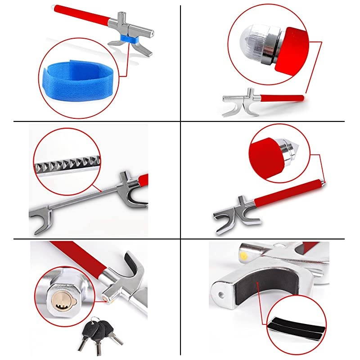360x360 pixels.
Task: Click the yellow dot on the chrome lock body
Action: click(243, 255)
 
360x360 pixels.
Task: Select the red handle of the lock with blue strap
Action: click(81, 16)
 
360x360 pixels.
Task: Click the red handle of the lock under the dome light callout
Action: click(279, 98)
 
